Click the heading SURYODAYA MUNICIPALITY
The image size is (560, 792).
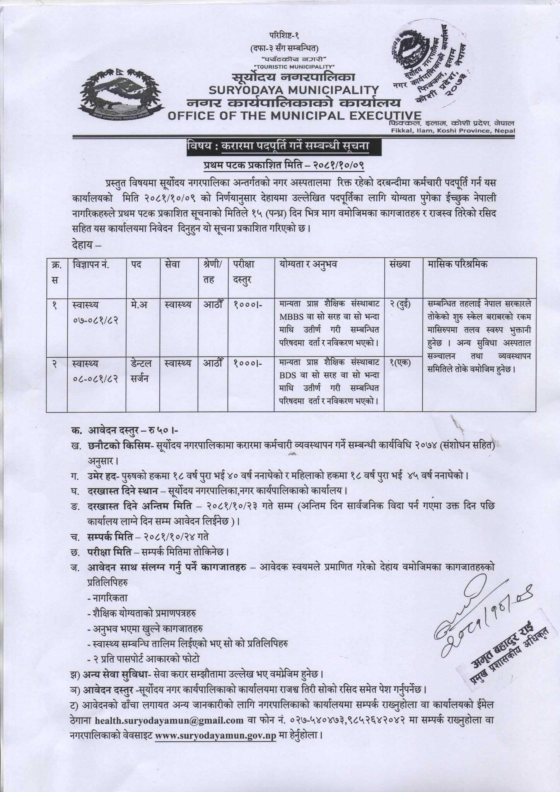[294, 90]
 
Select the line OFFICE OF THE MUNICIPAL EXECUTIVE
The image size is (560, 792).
[294, 116]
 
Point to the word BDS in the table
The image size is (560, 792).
[287, 376]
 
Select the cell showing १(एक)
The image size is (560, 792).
[400, 363]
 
